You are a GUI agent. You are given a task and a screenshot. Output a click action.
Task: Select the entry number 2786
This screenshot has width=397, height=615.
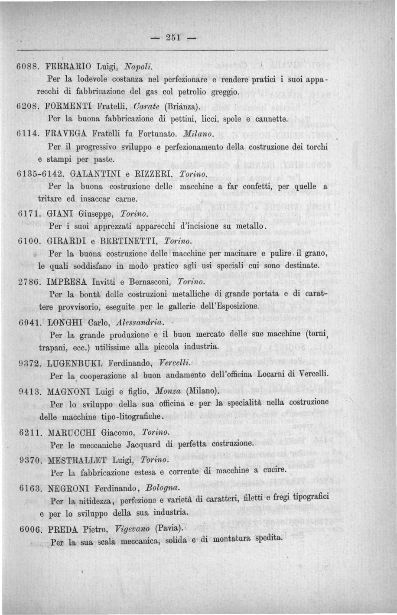29,281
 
